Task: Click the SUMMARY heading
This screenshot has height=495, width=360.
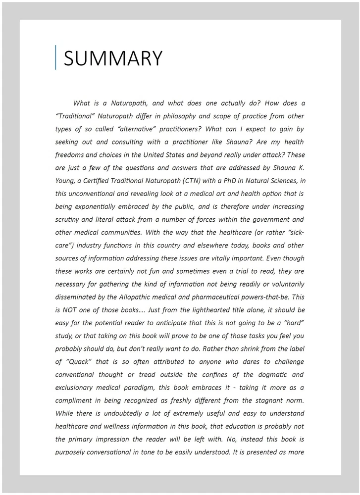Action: pyautogui.click(x=113, y=58)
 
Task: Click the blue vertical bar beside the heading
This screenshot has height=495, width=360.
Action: pyautogui.click(x=56, y=57)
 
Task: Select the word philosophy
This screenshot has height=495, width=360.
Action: pyautogui.click(x=185, y=116)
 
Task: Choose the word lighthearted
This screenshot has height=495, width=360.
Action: pyautogui.click(x=204, y=310)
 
